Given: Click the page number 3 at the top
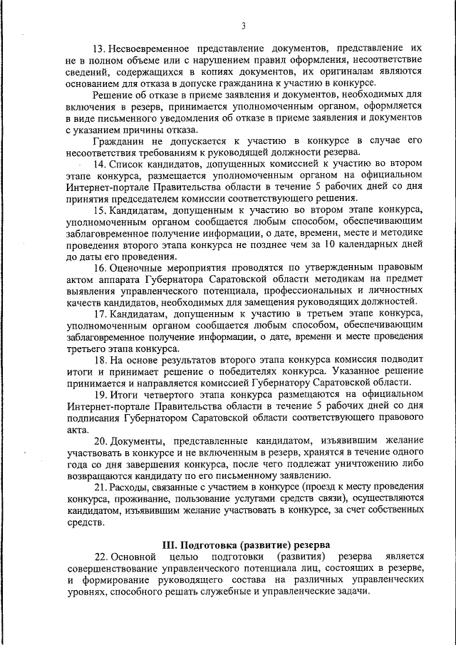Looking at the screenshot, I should pyautogui.click(x=242, y=26).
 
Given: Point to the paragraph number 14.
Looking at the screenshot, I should pyautogui.click(x=100, y=163).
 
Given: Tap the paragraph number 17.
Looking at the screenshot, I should pyautogui.click(x=100, y=314).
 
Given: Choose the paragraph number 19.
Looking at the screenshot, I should pyautogui.click(x=100, y=394).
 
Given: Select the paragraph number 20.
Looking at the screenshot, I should pyautogui.click(x=100, y=440).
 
